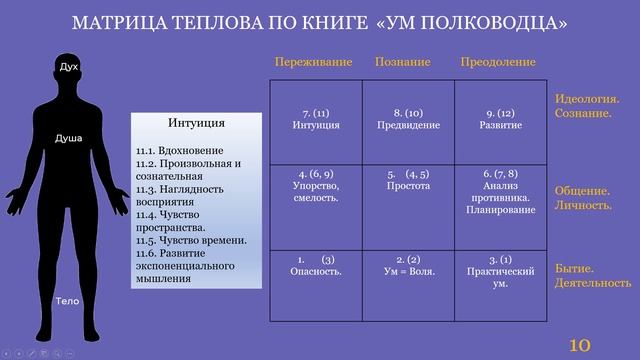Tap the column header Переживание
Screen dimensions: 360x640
point(313,63)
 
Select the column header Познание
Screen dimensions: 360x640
point(403,63)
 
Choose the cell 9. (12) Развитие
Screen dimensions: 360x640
point(501,119)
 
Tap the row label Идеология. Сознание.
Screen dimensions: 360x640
point(586,106)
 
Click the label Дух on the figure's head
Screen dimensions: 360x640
point(68,67)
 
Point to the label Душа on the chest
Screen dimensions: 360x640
point(68,138)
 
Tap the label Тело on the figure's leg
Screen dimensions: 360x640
point(66,300)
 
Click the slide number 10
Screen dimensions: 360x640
point(580,344)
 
